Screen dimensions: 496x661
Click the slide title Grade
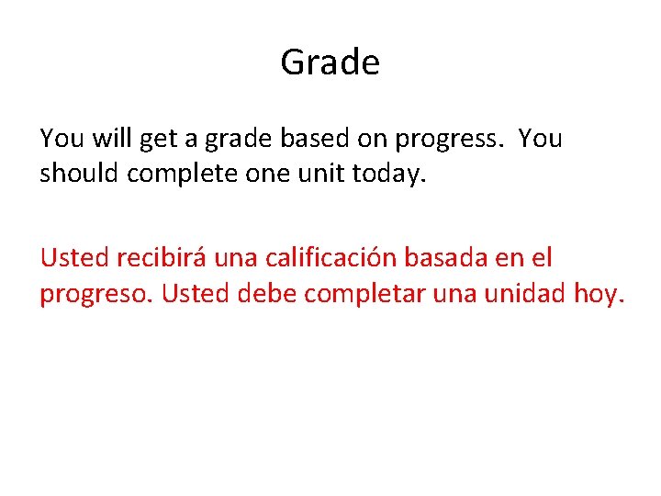point(330,62)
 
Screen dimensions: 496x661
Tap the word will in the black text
point(110,139)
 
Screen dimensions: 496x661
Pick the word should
point(79,174)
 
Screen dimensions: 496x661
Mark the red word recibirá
point(161,258)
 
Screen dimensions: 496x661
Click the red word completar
point(357,294)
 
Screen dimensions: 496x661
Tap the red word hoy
point(599,294)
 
